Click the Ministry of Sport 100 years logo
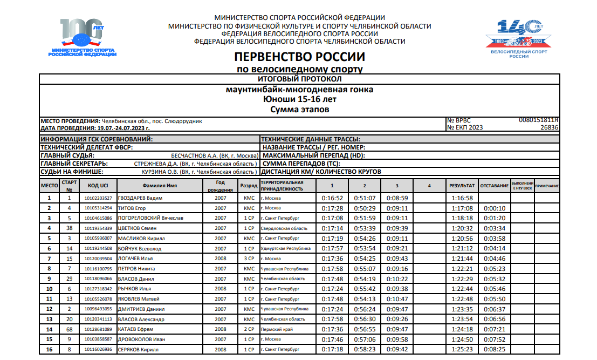(82, 38)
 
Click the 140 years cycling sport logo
(518, 39)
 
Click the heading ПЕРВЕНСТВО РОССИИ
(300, 57)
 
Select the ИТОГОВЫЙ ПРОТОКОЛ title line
(300, 79)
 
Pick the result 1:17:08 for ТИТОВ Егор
(462, 208)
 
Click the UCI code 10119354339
(98, 228)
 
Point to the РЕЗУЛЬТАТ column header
(462, 186)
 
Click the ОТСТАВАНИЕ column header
(495, 186)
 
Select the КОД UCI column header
(98, 186)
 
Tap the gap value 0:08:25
(495, 350)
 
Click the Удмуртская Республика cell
(285, 249)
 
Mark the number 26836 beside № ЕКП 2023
(549, 128)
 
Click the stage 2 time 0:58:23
(365, 350)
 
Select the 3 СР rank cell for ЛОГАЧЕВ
(249, 259)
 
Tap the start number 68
(69, 329)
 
